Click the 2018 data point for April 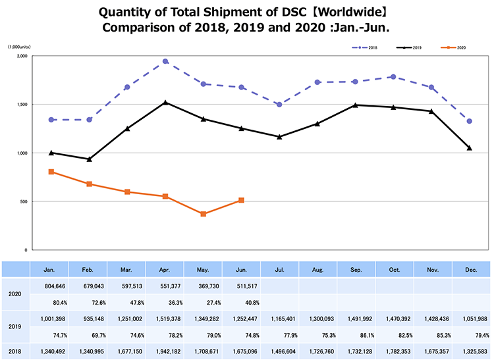165,61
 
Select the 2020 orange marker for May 204,214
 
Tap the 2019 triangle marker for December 470,148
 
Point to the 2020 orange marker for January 51,172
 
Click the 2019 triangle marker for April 165,103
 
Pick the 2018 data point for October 393,77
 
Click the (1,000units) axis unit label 20,47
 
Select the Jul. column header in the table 280,270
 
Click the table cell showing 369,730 204,287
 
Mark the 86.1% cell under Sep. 356,337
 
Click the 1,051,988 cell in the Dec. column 470,319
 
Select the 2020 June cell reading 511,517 242,287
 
